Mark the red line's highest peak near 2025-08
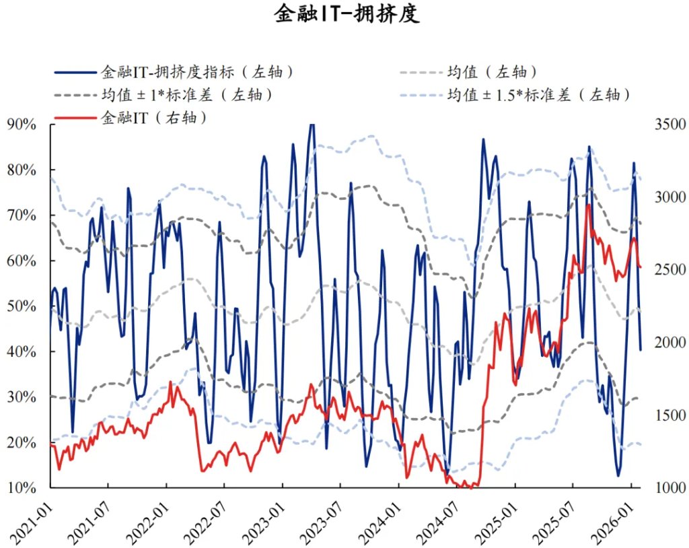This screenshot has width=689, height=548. pyautogui.click(x=588, y=204)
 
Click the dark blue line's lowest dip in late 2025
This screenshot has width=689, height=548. pyautogui.click(x=618, y=476)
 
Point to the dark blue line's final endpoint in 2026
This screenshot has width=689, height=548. pyautogui.click(x=641, y=349)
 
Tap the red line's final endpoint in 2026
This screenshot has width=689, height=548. pyautogui.click(x=641, y=267)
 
